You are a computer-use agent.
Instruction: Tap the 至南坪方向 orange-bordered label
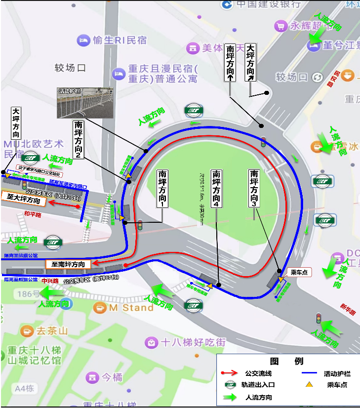click(x=68, y=264)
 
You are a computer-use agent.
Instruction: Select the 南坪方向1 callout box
click(x=162, y=188)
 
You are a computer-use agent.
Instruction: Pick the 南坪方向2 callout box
click(x=78, y=139)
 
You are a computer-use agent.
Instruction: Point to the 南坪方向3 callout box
click(x=254, y=188)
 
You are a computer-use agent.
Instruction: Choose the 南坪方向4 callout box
click(x=216, y=188)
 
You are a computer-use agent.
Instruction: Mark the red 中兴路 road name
click(x=50, y=281)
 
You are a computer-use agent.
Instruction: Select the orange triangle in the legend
click(x=309, y=384)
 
